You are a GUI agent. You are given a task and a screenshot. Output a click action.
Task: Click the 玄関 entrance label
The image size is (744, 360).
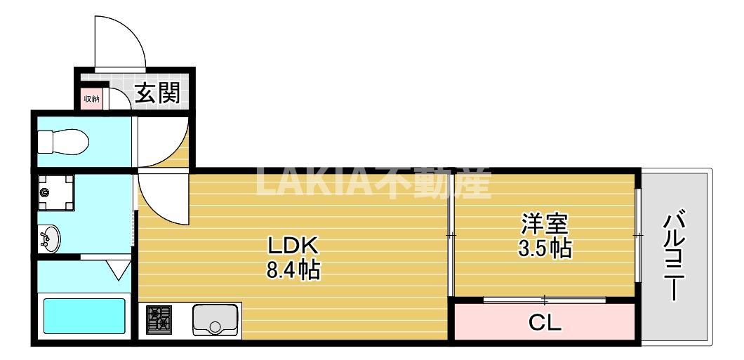coord(157,93)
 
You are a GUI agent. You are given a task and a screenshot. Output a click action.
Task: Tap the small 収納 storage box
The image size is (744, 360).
coord(92,99)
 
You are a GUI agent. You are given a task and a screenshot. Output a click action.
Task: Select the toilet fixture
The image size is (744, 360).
coord(62,143)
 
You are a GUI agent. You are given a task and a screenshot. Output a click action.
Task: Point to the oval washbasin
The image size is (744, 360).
coord(51,239)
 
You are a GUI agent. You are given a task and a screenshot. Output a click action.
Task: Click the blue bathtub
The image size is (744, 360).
coord(84,315)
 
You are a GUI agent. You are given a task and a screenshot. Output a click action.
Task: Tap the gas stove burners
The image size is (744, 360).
coord(159,319)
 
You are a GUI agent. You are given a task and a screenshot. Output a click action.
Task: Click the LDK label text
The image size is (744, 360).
coord(293,246)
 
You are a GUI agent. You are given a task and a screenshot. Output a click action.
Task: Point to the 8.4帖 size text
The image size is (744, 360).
coord(293,269)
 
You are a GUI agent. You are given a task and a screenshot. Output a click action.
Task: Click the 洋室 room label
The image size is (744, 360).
coord(544,225)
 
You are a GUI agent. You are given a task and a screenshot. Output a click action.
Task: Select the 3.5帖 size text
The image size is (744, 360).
coord(544,248)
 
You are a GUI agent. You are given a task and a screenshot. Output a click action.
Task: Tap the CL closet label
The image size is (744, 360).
coord(545,324)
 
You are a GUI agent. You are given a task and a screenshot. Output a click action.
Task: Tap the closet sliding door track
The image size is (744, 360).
coord(545,300)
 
